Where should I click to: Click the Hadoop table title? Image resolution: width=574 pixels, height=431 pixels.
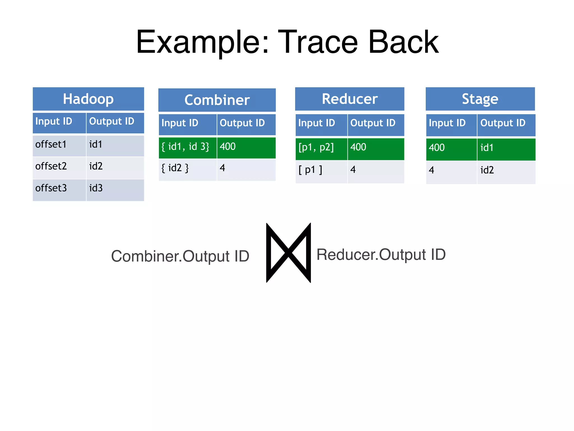[88, 99]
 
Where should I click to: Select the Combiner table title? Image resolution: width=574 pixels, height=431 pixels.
[217, 100]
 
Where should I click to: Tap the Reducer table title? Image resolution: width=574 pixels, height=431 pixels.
[350, 99]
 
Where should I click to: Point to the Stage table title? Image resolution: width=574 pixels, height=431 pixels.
[480, 99]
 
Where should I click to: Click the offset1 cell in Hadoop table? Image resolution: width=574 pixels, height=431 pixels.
[59, 145]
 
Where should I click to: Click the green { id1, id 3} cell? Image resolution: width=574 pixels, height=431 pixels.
[187, 147]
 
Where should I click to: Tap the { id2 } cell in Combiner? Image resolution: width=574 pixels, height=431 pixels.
[187, 169]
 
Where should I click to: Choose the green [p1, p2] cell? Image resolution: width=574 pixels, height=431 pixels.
[321, 148]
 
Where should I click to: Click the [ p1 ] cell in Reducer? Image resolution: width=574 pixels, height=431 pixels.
[321, 170]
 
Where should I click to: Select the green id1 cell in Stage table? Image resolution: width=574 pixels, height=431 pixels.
[506, 148]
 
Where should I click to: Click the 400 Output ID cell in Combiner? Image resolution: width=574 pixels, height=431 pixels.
[246, 147]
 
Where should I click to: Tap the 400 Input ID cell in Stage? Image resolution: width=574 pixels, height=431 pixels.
[451, 148]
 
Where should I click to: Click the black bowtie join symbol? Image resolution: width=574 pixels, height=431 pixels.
[288, 253]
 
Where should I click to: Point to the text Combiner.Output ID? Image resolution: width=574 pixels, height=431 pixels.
[180, 256]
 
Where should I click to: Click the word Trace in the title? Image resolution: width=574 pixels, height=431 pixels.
[318, 42]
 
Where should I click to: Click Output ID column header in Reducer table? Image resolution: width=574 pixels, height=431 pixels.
[376, 123]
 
